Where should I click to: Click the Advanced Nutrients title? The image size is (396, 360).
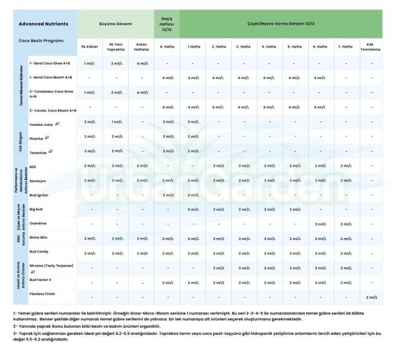click(x=44, y=23)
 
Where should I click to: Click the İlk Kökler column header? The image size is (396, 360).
click(x=88, y=47)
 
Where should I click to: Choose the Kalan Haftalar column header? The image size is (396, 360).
click(x=141, y=47)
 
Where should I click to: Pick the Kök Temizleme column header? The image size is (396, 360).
click(x=371, y=47)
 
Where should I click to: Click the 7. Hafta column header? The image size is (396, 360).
click(x=344, y=47)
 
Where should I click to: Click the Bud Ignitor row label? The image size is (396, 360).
click(x=40, y=195)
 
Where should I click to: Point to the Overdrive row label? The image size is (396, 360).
click(x=39, y=223)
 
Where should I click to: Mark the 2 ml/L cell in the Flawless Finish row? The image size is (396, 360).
click(x=371, y=297)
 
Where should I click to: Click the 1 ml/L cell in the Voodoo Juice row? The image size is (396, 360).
click(x=115, y=122)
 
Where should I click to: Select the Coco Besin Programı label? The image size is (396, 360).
click(x=41, y=40)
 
